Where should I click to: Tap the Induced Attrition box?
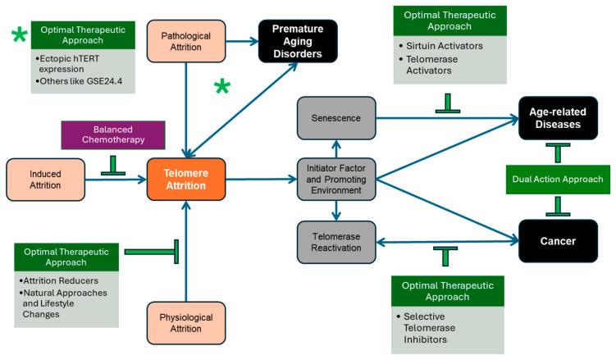[x=46, y=178]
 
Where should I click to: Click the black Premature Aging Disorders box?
[x=298, y=40]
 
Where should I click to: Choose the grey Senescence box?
[x=335, y=118]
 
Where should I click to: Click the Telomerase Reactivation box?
[x=336, y=241]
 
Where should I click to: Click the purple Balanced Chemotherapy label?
[x=112, y=135]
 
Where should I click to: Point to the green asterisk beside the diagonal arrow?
[x=222, y=88]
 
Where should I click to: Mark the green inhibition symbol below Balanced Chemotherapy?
[x=112, y=166]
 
